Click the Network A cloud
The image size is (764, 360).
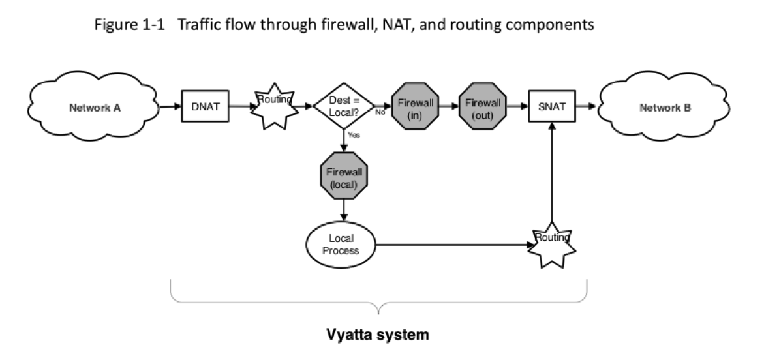pos(95,108)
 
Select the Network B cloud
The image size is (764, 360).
pos(665,108)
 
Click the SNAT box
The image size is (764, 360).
pos(552,107)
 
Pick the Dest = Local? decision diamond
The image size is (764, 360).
pos(343,107)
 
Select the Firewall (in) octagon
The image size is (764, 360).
pos(415,107)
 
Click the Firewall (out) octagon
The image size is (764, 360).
pos(483,107)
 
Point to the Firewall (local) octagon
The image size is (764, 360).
pos(343,176)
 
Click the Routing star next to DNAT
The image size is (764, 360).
pos(273,108)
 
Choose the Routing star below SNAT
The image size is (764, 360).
pos(552,245)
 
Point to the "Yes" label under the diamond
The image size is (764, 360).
pos(354,136)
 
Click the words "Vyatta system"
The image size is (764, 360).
pos(378,336)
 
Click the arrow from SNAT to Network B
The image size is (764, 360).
pos(586,107)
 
